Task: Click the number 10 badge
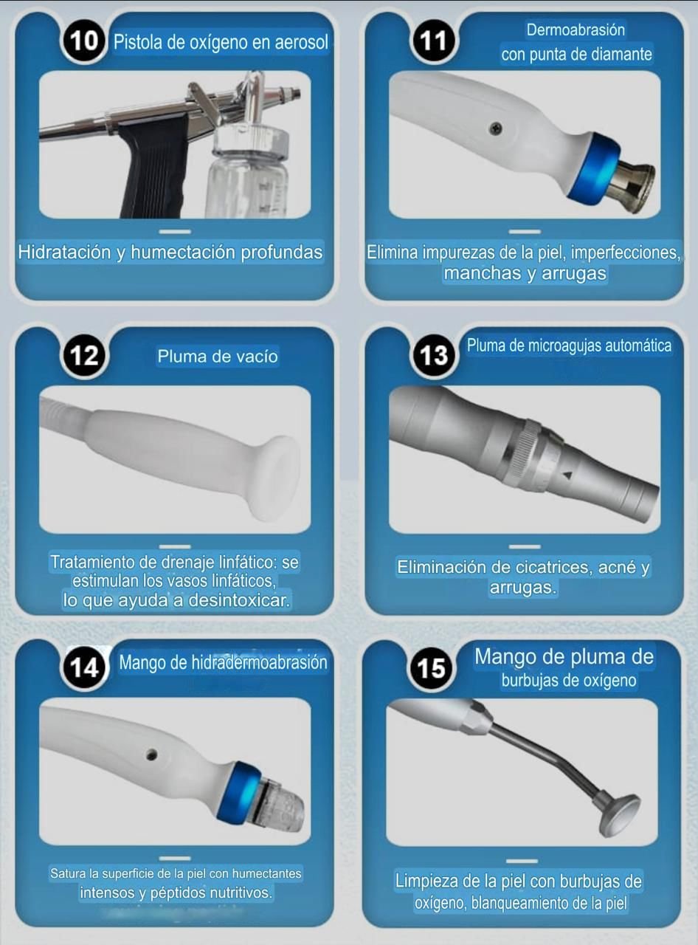pyautogui.click(x=83, y=41)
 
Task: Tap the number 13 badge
pyautogui.click(x=434, y=355)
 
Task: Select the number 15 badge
pyautogui.click(x=431, y=668)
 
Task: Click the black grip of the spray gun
pyautogui.click(x=153, y=166)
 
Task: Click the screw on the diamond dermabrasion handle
pyautogui.click(x=495, y=127)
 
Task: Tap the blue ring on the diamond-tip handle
pyautogui.click(x=594, y=166)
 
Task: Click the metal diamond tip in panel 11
pyautogui.click(x=632, y=185)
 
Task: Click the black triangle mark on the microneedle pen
pyautogui.click(x=567, y=474)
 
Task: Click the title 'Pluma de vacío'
pyautogui.click(x=218, y=356)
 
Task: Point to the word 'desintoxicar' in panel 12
pyautogui.click(x=239, y=600)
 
